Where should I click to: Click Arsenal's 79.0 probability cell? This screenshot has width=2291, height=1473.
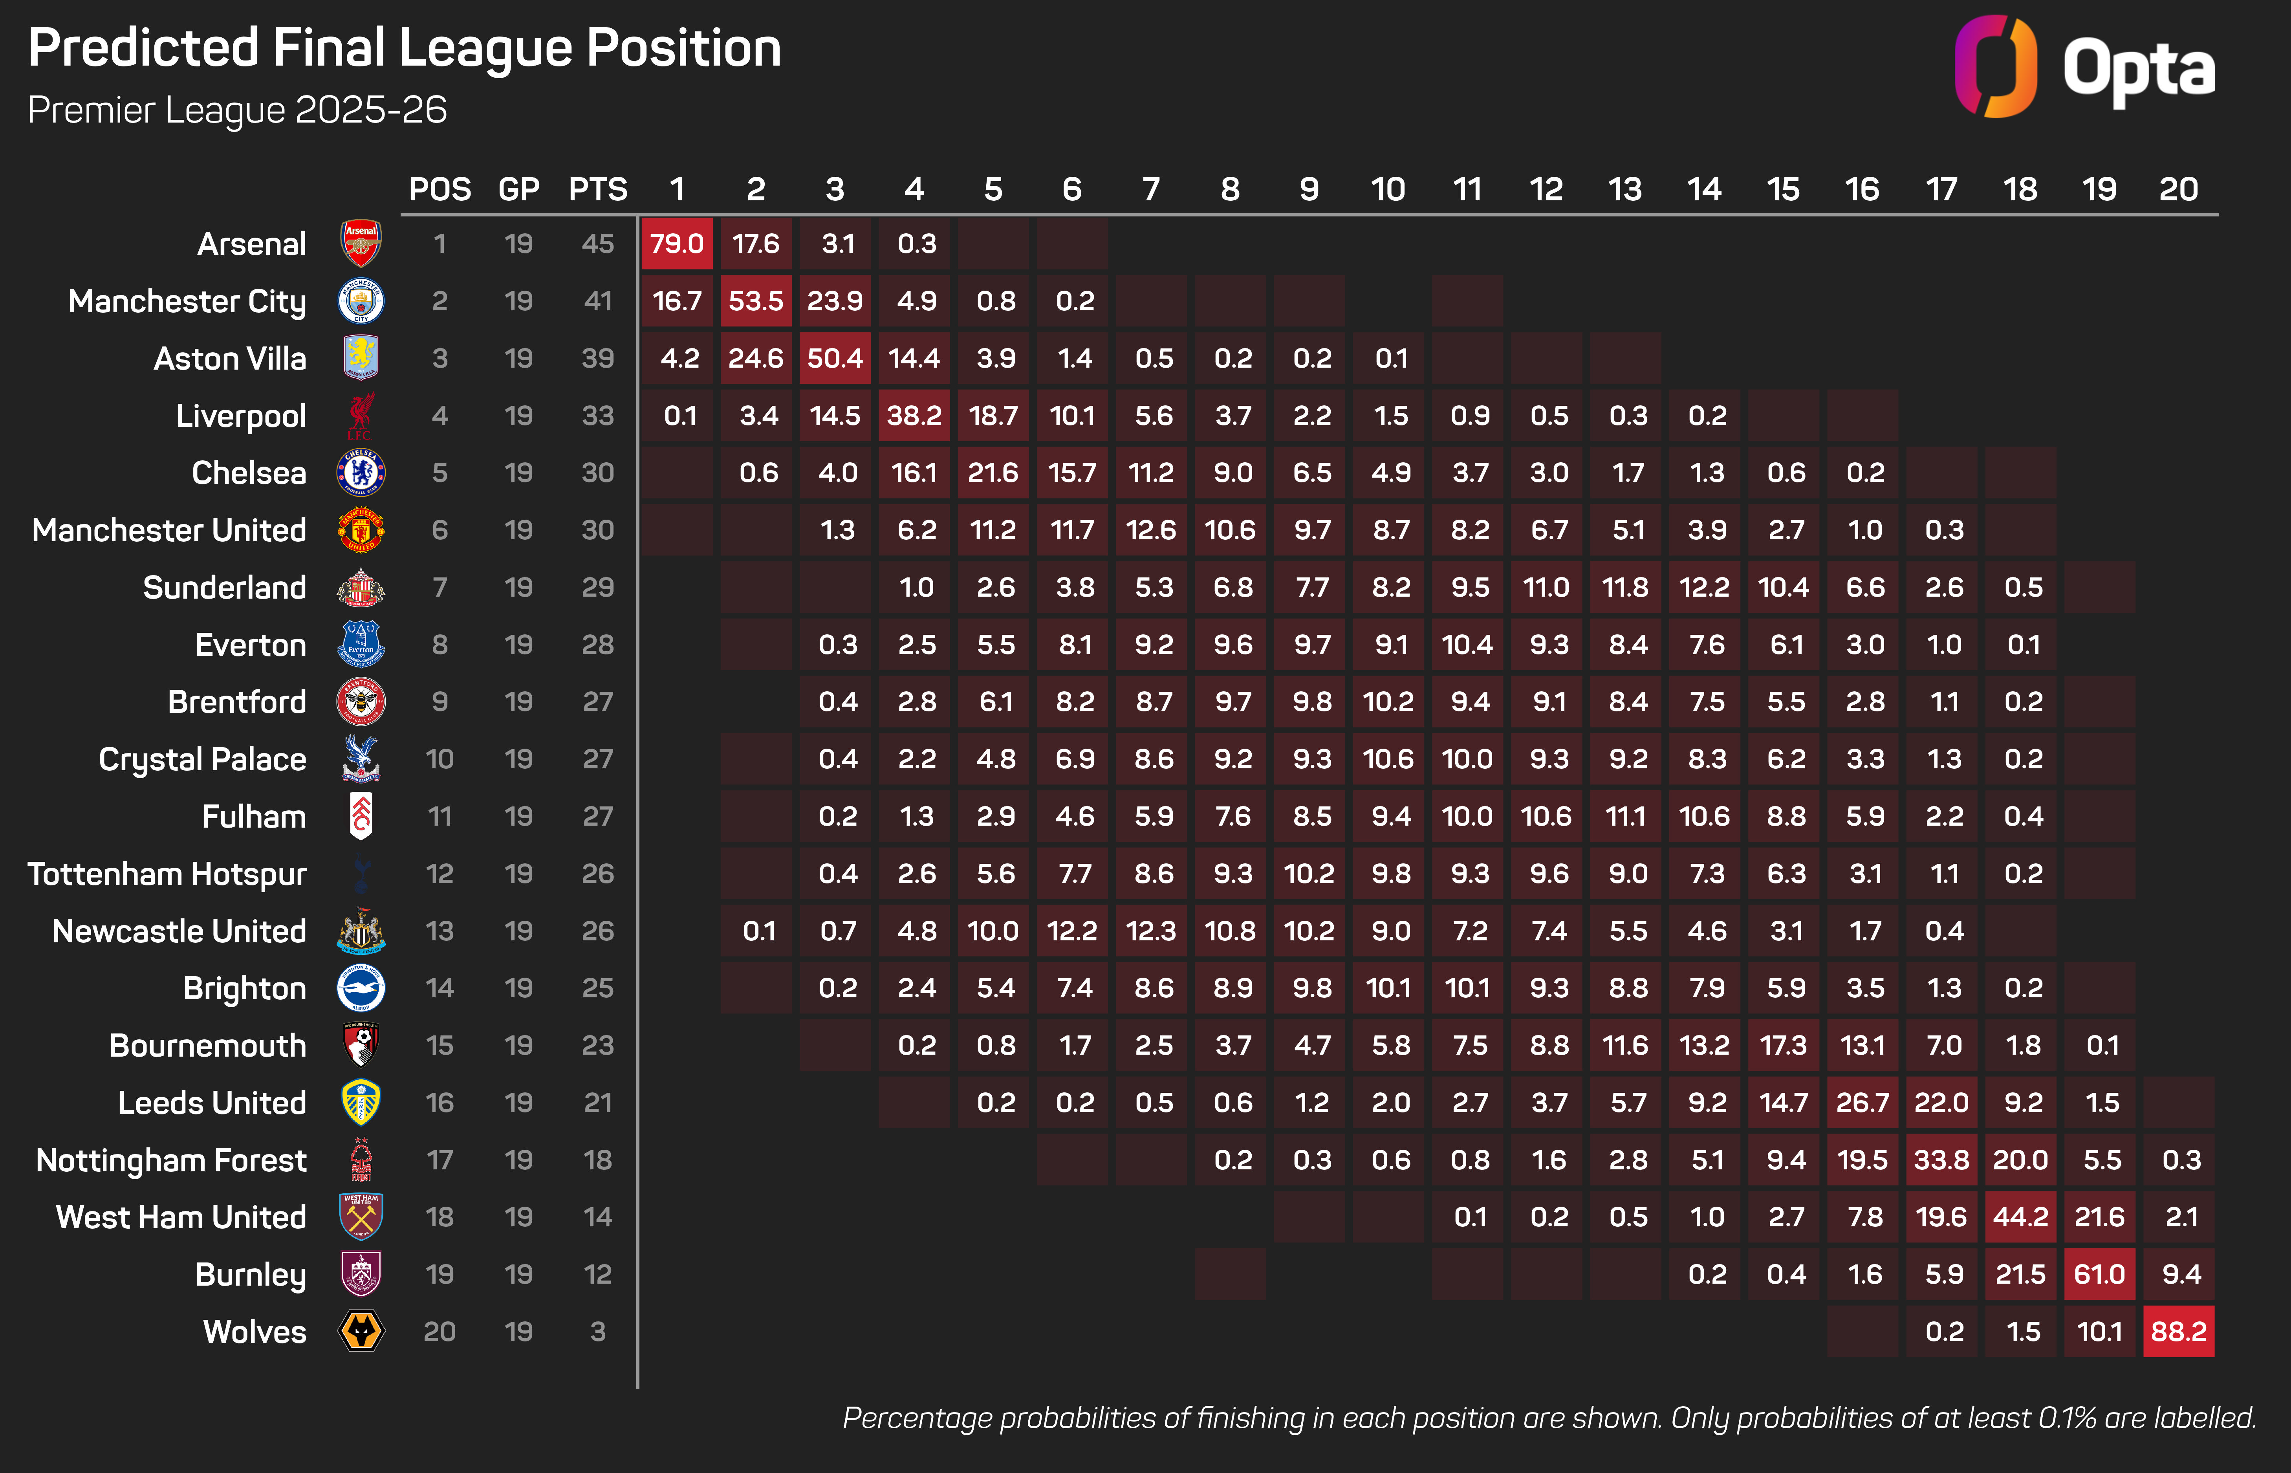pyautogui.click(x=677, y=244)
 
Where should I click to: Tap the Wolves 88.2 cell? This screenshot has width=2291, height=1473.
pyautogui.click(x=2178, y=1332)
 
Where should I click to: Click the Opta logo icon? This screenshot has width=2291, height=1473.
pyautogui.click(x=1994, y=67)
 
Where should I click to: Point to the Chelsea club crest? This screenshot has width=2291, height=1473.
pyautogui.click(x=361, y=473)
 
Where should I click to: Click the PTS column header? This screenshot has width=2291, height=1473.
pyautogui.click(x=598, y=189)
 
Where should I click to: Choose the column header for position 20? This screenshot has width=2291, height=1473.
pyautogui.click(x=2178, y=189)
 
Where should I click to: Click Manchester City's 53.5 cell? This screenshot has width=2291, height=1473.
pyautogui.click(x=755, y=301)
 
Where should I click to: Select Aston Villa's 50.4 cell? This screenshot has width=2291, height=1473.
pyautogui.click(x=835, y=359)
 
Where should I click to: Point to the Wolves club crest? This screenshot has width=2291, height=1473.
pyautogui.click(x=361, y=1332)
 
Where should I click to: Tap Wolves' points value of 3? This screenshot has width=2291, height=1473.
pyautogui.click(x=598, y=1332)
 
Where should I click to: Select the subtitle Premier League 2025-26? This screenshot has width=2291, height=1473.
pyautogui.click(x=237, y=110)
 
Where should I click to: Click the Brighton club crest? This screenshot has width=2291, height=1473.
pyautogui.click(x=361, y=988)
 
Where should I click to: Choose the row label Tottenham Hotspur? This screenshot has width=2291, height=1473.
pyautogui.click(x=167, y=874)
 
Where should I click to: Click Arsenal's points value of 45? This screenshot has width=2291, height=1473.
pyautogui.click(x=598, y=244)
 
